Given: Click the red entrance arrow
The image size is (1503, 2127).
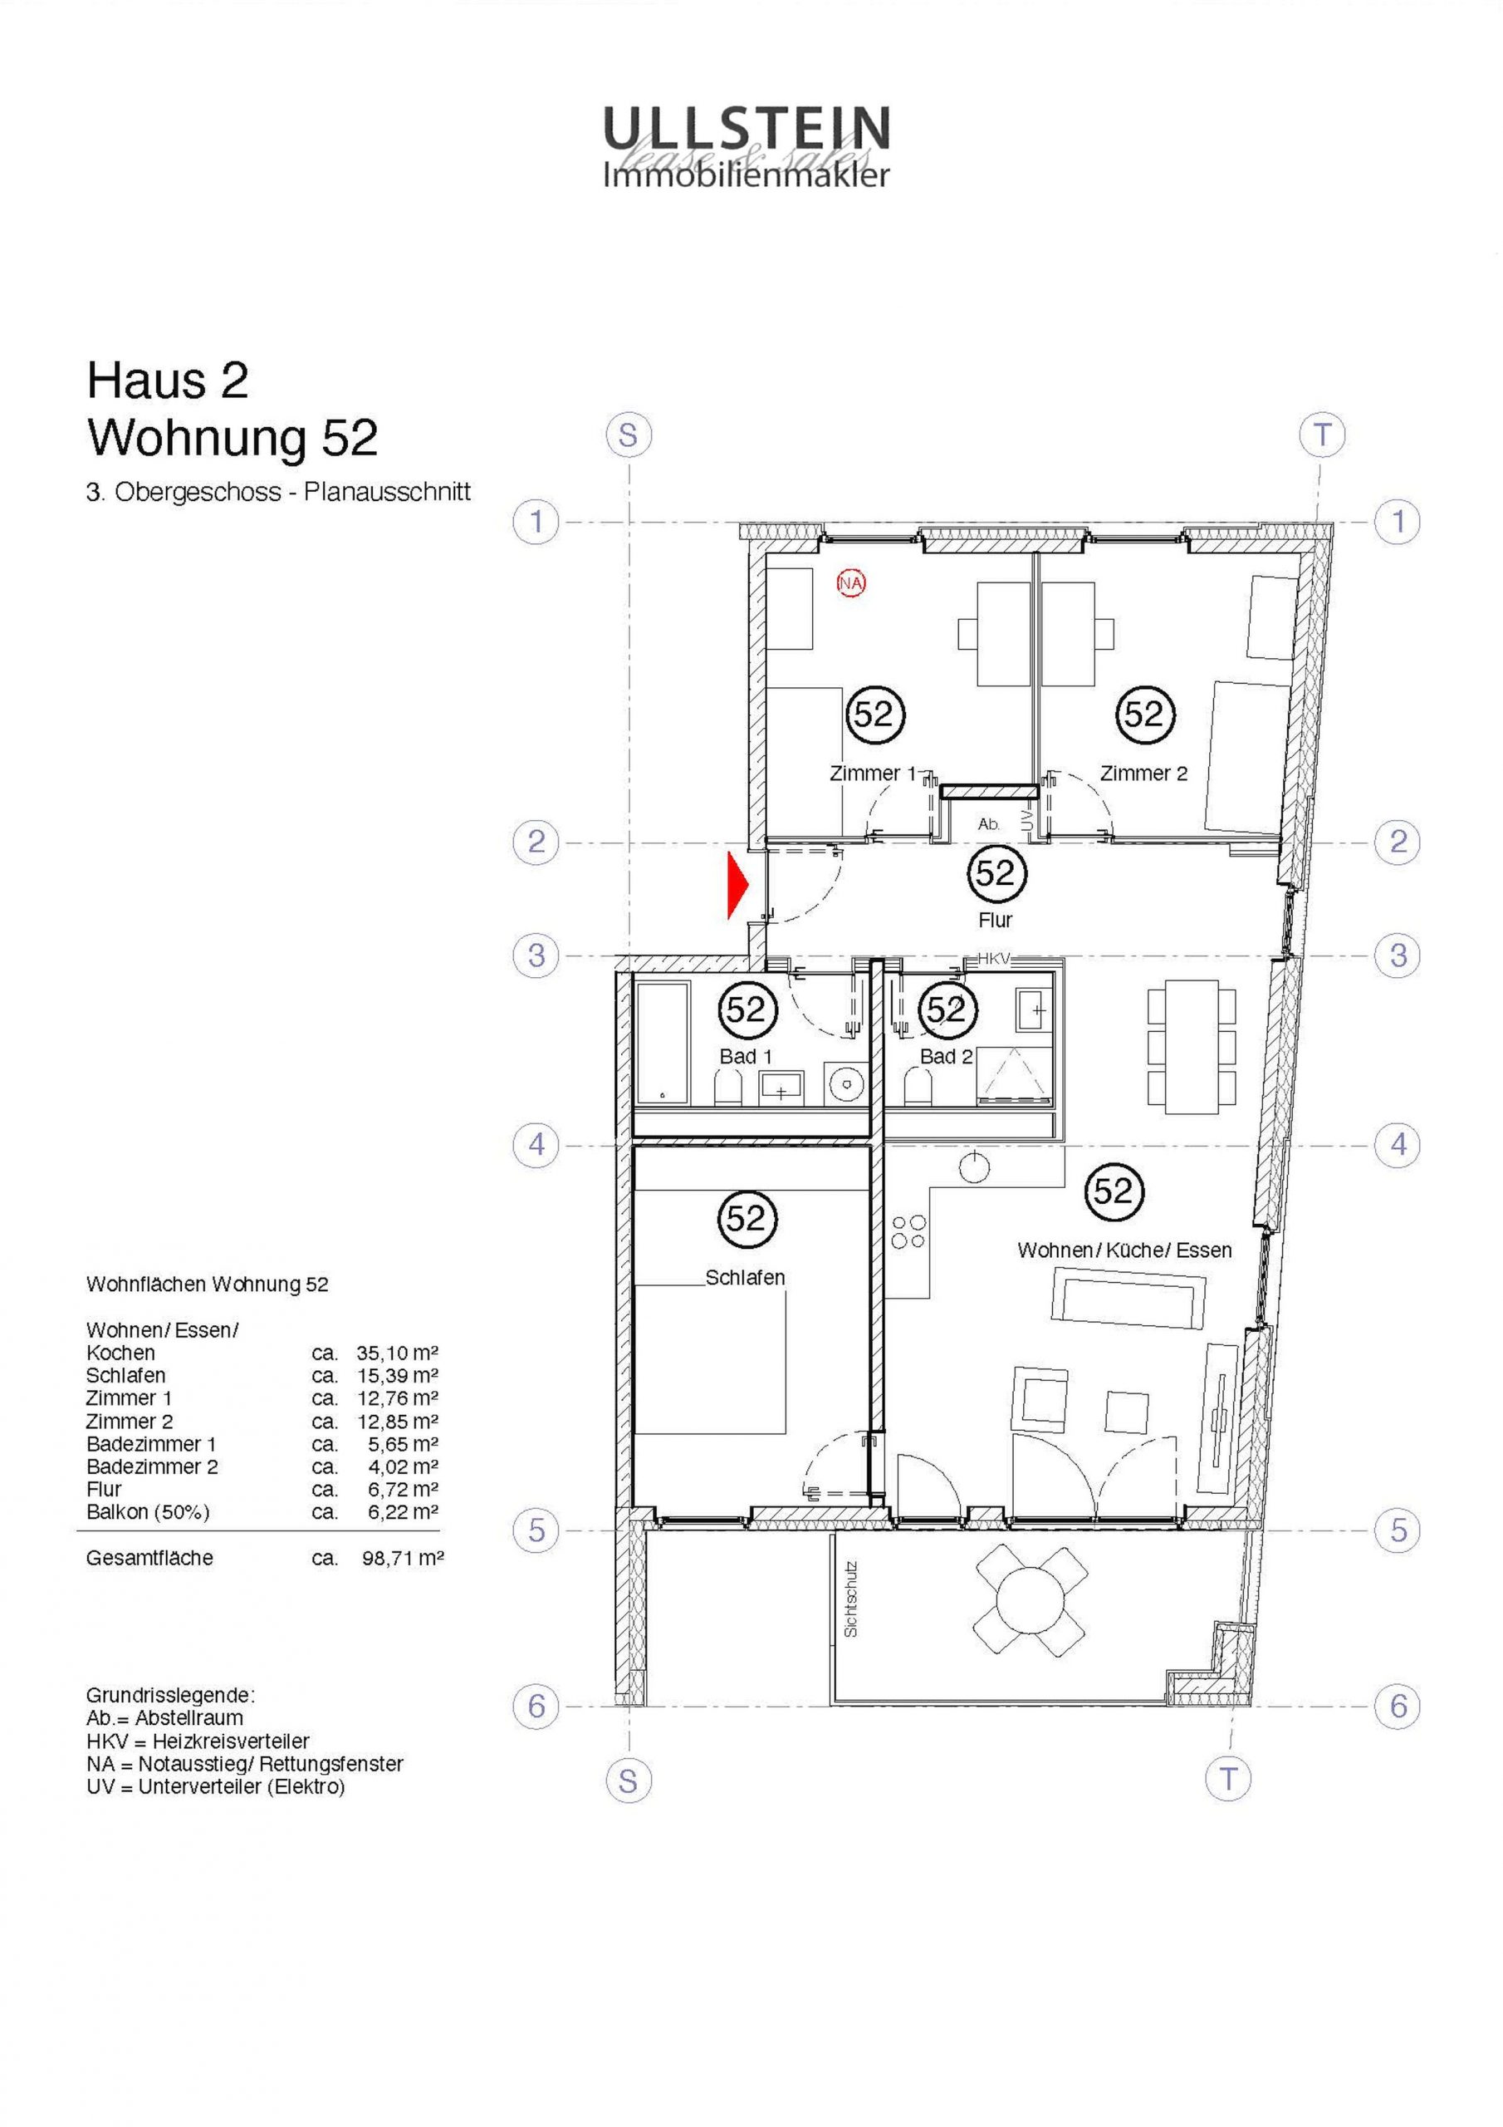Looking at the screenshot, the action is [x=737, y=887].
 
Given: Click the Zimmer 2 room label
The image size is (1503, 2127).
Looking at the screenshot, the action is [x=1143, y=773].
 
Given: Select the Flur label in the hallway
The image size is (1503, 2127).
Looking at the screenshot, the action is [x=995, y=920].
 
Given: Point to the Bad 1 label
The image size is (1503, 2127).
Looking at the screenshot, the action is [x=746, y=1056].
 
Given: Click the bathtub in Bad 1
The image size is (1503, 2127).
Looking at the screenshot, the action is [x=662, y=1042].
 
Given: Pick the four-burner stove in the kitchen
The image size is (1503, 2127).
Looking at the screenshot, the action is [x=908, y=1231].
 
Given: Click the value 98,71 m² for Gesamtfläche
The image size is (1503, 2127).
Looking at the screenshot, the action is [x=403, y=1558].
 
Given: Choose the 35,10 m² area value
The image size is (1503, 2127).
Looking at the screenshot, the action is [x=397, y=1353].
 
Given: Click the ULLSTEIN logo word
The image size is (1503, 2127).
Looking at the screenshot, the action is [x=747, y=128].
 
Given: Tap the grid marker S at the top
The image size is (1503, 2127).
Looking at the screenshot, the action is [x=629, y=435].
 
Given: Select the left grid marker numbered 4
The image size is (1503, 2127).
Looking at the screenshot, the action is [x=536, y=1146].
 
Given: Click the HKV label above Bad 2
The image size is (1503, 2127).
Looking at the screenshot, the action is [x=995, y=960].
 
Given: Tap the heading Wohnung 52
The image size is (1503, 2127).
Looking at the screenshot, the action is [x=233, y=438].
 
